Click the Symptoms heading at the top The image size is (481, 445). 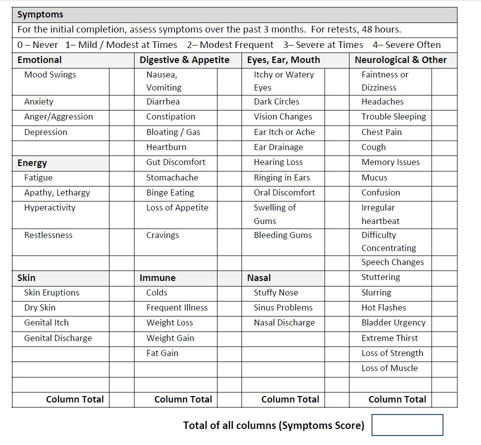40,14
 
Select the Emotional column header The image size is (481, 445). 39,60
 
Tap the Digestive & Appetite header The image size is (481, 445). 184,60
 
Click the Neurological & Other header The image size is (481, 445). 400,60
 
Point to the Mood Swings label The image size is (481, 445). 50,75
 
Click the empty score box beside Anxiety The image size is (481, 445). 121,102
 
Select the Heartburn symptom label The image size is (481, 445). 166,147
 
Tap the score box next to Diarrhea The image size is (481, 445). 229,102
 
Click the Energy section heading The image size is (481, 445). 32,163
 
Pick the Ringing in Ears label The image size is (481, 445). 281,177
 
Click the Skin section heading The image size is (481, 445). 26,278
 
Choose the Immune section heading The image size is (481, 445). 157,278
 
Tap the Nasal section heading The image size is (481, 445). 258,278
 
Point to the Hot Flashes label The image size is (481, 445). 383,307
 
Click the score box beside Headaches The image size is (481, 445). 444,102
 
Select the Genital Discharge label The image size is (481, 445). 58,338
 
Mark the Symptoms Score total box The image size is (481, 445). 407,425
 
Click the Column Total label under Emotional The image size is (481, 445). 75,399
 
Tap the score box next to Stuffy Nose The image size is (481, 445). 336,293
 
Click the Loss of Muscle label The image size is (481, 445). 389,368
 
